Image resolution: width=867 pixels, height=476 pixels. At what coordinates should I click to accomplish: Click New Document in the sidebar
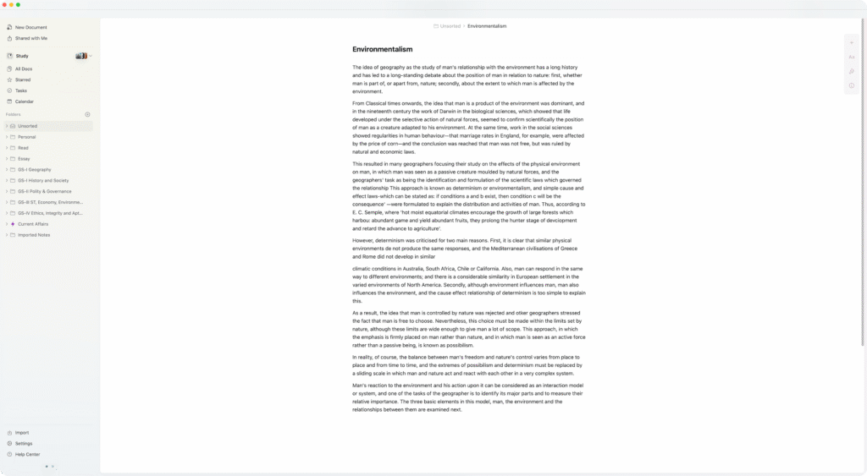tap(30, 27)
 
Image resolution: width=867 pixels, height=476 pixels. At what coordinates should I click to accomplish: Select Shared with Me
tap(30, 38)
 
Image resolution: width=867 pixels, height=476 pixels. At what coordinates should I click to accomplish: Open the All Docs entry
tap(24, 68)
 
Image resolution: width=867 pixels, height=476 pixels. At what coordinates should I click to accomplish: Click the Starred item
tap(23, 79)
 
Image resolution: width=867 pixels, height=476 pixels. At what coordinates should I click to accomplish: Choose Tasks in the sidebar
tap(21, 90)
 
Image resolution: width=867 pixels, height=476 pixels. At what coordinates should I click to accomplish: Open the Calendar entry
tap(25, 101)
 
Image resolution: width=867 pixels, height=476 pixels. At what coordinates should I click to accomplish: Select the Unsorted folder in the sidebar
tap(28, 126)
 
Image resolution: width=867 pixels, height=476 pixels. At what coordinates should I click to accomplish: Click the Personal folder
tap(27, 137)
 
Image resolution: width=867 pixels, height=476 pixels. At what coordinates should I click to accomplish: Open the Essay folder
tap(24, 159)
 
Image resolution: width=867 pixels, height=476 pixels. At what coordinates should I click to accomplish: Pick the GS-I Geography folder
tap(34, 170)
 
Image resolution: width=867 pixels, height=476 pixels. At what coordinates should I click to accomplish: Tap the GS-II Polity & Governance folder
tap(44, 191)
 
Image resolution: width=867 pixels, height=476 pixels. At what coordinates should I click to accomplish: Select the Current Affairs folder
tap(33, 224)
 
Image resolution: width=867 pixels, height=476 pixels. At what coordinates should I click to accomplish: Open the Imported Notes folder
tap(34, 235)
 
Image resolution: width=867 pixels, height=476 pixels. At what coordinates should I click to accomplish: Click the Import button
tap(22, 432)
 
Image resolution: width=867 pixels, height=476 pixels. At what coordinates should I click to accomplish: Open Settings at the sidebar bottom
tap(24, 443)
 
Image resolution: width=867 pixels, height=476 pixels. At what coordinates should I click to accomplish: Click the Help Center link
tap(27, 454)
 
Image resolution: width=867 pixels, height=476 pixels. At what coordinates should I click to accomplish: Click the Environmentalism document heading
tap(383, 49)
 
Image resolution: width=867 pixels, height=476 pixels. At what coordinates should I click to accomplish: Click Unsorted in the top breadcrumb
tap(450, 26)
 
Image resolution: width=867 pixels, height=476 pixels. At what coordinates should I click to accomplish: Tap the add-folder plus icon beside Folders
tap(87, 114)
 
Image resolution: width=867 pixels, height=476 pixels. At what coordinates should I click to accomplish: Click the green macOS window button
tap(18, 5)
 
